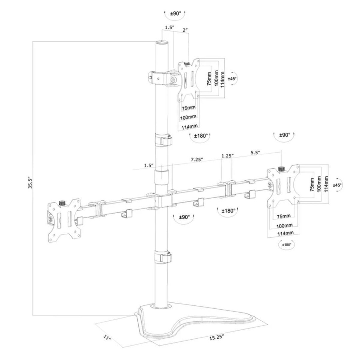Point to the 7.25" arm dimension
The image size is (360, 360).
tap(197, 160)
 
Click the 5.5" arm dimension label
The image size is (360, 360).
tap(255, 153)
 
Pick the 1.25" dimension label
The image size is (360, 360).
tap(227, 156)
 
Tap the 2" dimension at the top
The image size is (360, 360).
tap(185, 30)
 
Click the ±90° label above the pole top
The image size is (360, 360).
tap(175, 13)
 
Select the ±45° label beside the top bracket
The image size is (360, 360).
tap(232, 79)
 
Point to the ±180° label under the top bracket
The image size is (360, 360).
tap(201, 135)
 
